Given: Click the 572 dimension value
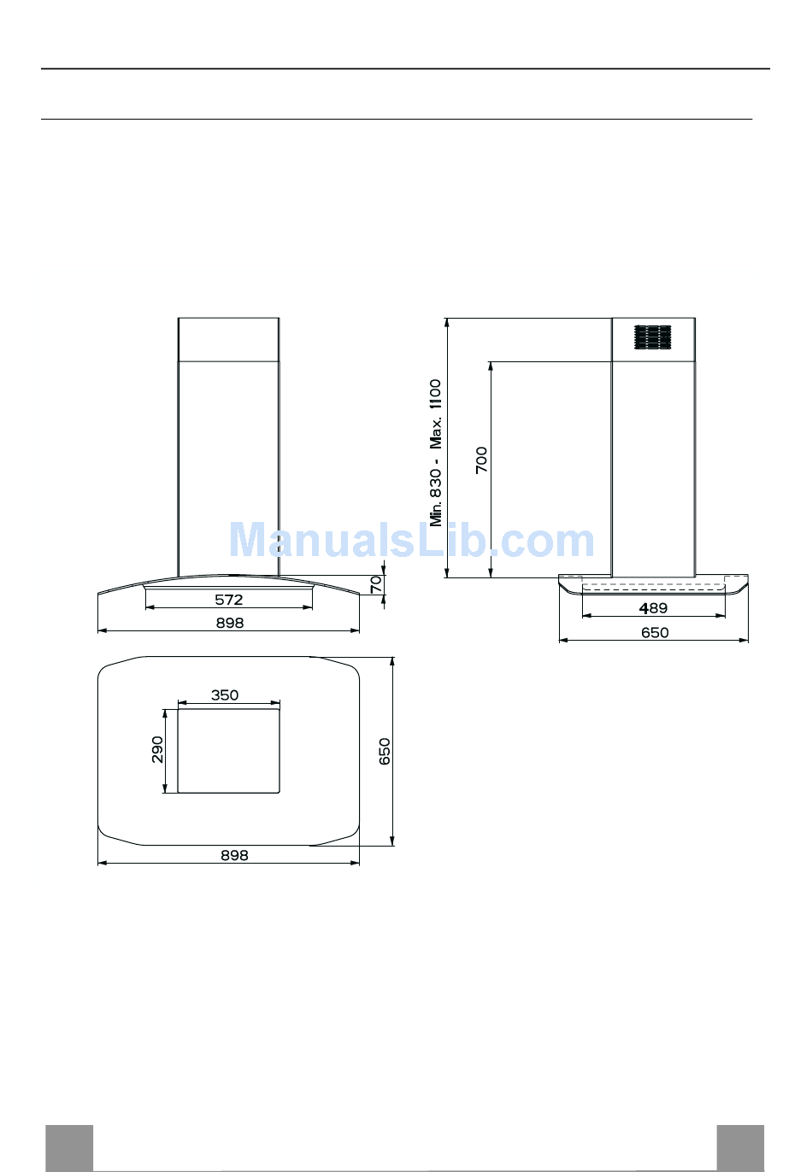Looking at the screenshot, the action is point(229,600).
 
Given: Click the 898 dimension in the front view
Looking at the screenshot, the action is point(230,623).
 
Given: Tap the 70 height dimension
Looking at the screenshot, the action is point(376,585).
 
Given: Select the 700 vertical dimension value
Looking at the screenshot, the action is point(481,460).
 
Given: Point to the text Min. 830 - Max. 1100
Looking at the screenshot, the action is point(436,453).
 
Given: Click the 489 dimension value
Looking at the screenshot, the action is point(653,608).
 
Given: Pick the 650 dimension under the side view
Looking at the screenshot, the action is point(655,633).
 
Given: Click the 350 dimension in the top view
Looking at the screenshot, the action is point(225,694).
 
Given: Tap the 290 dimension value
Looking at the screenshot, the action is point(157,749).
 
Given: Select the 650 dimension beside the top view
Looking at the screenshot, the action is point(385,752).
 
